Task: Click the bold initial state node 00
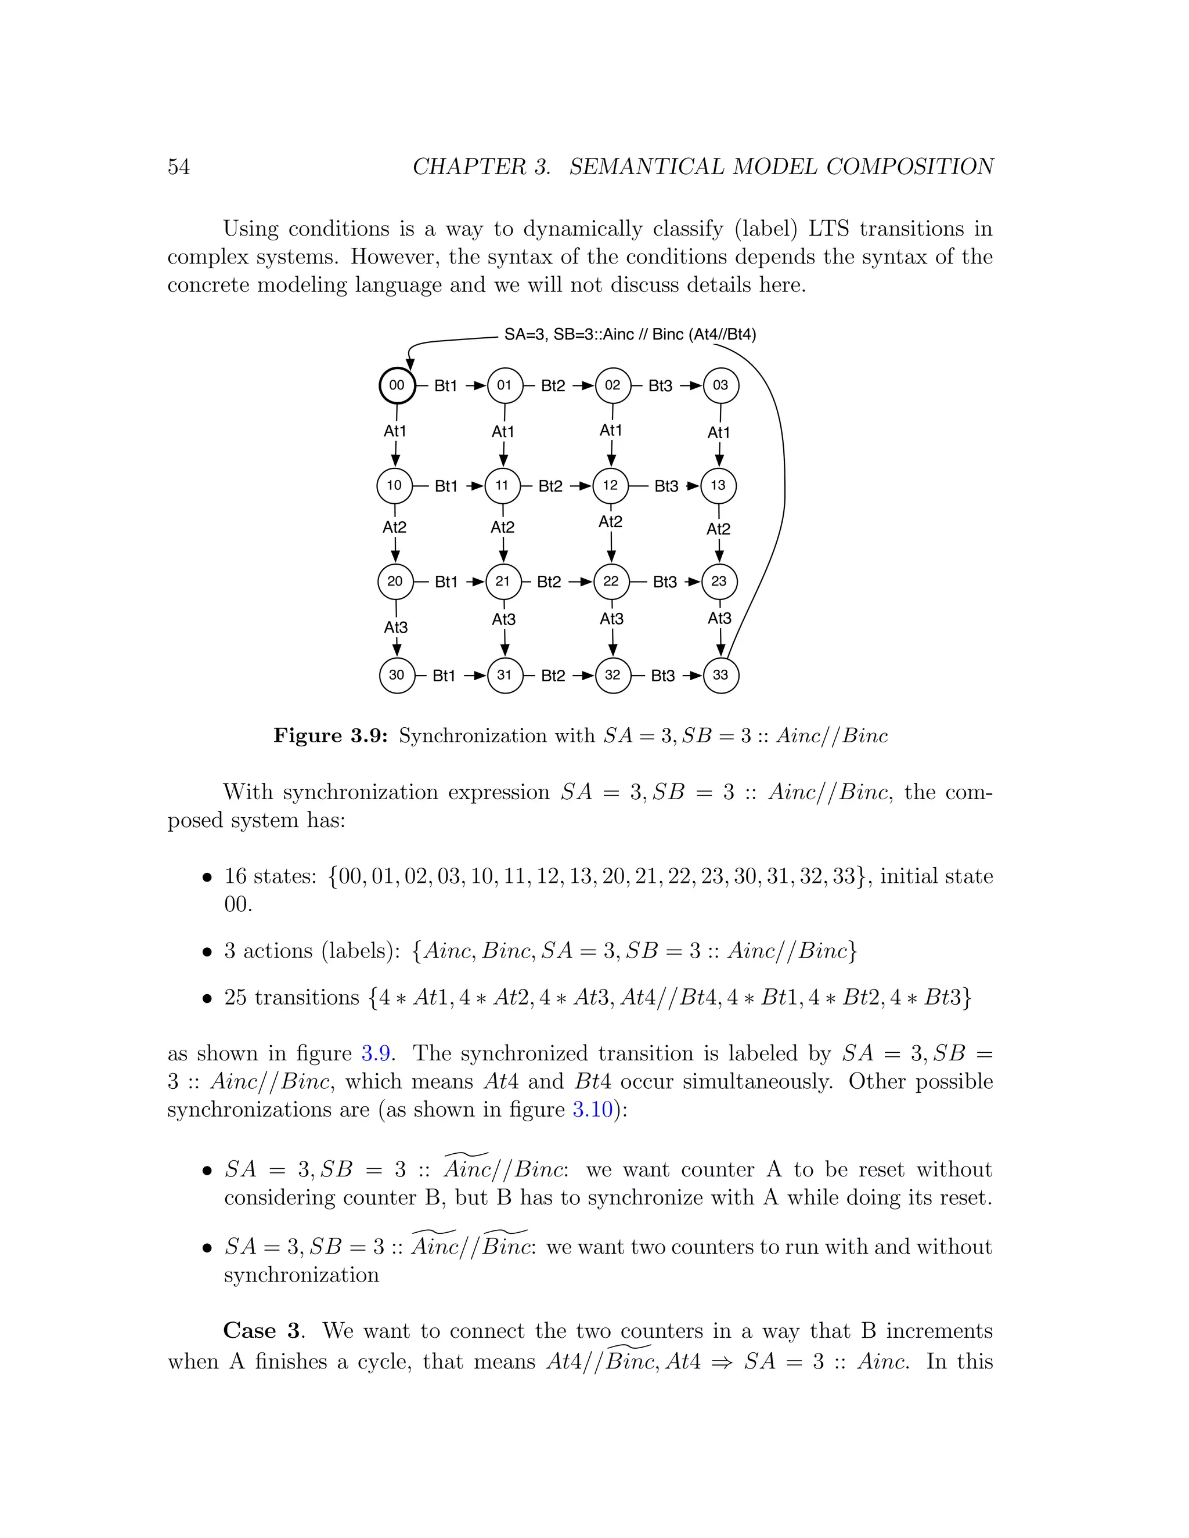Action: tap(397, 385)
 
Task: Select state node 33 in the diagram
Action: tap(720, 674)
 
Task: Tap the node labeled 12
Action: tap(610, 485)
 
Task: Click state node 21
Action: tap(503, 581)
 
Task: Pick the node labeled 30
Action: tap(397, 674)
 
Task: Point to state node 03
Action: tap(720, 385)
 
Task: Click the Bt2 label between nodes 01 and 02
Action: tap(553, 386)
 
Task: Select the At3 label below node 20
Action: tap(396, 627)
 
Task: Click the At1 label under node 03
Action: tap(719, 432)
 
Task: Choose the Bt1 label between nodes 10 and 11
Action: tap(446, 486)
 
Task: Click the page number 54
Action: tap(179, 167)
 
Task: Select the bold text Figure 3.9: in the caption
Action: tap(330, 736)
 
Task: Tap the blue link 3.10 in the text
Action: tap(592, 1110)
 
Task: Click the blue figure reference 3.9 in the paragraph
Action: tap(376, 1053)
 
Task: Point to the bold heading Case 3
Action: tap(264, 1331)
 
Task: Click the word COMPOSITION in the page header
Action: tap(910, 167)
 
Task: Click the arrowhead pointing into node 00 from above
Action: tap(410, 363)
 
